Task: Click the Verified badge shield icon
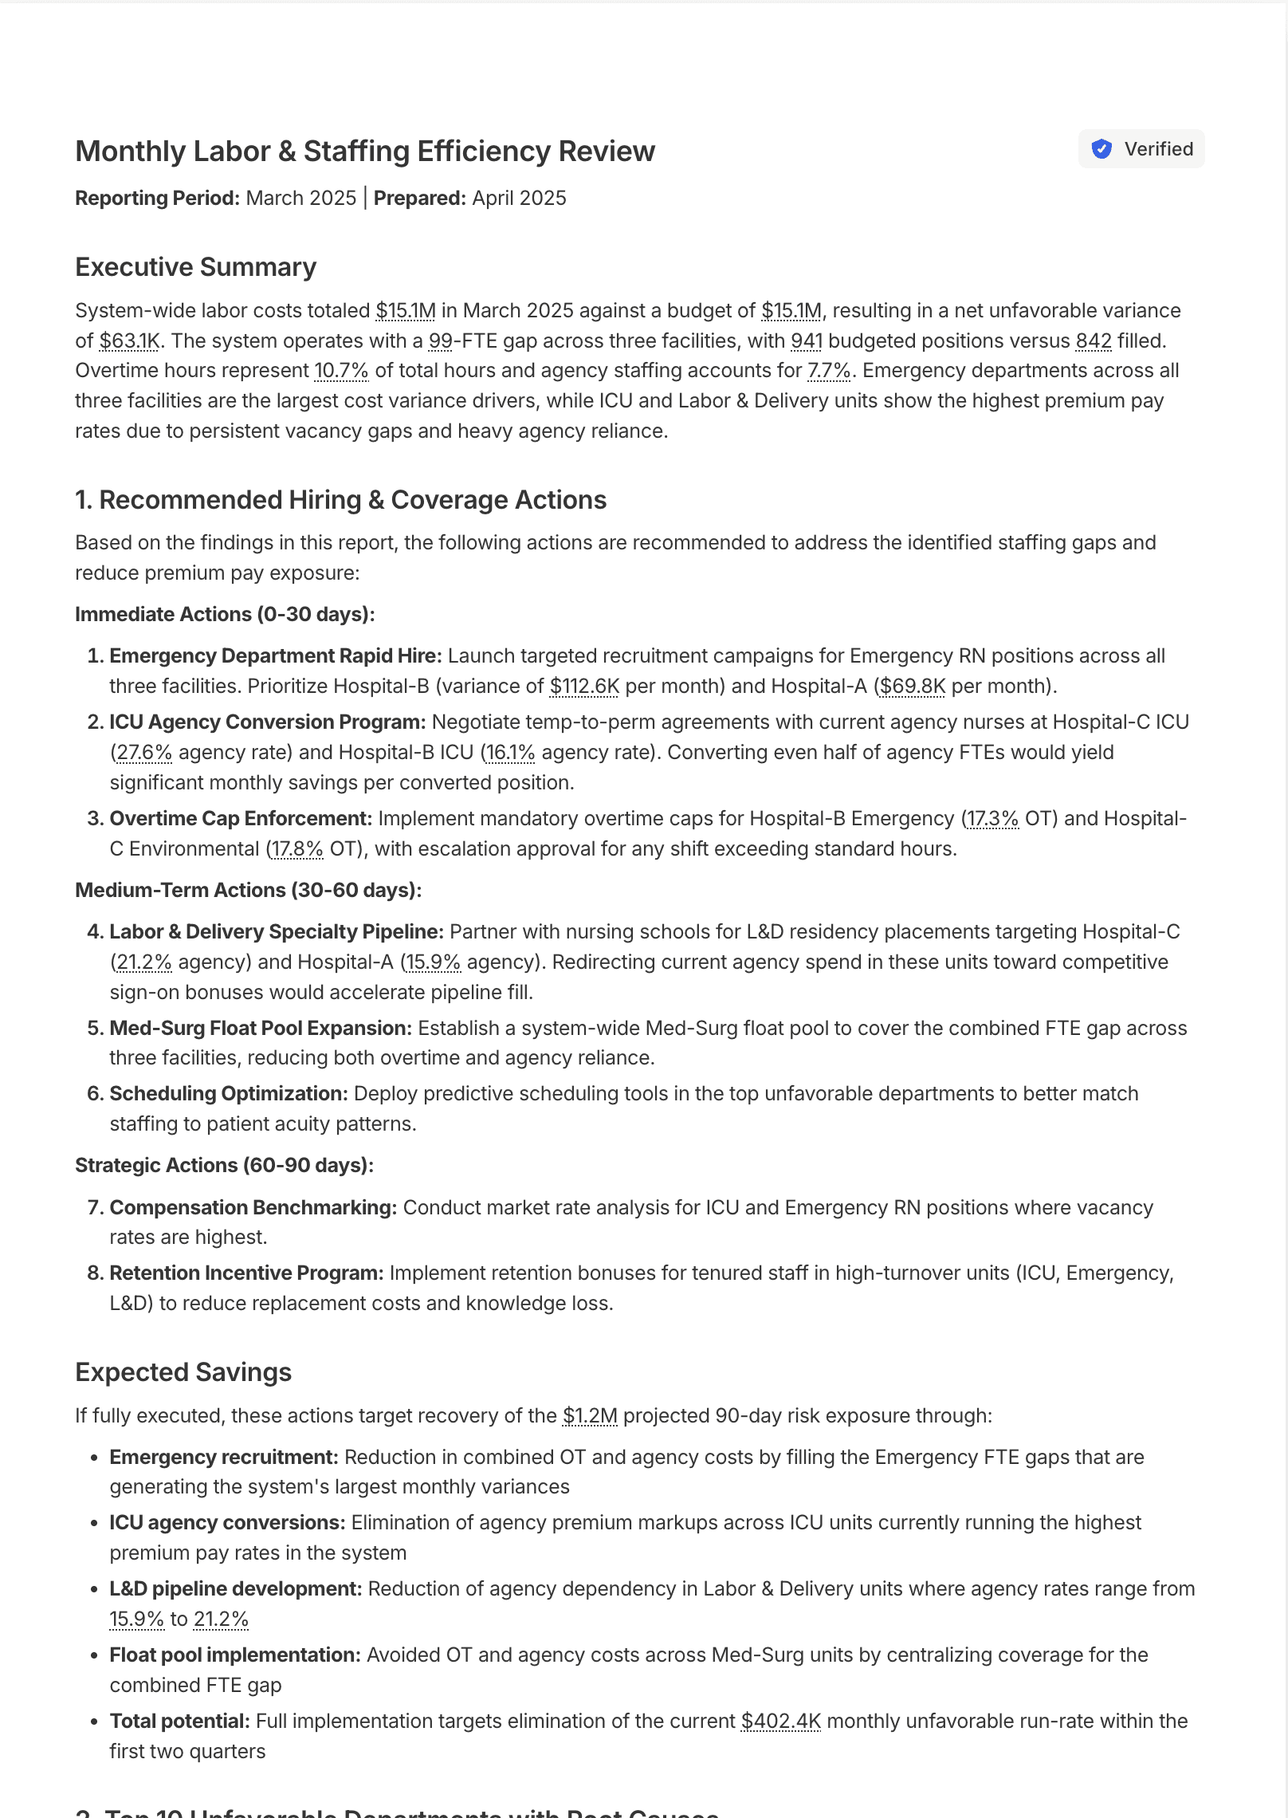point(1101,149)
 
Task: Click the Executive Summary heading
point(195,267)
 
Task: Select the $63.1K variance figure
point(129,341)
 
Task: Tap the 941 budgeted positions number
point(806,341)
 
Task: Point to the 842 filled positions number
point(1093,341)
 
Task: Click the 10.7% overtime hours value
point(341,371)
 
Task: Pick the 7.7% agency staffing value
point(829,371)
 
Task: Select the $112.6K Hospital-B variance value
point(584,687)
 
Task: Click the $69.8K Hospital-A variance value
point(913,687)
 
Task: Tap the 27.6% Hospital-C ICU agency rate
point(143,753)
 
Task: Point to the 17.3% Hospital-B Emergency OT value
point(992,819)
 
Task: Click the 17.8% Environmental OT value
point(296,849)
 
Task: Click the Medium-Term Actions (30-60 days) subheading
point(248,891)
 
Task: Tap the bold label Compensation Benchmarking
point(253,1208)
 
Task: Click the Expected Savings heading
point(183,1372)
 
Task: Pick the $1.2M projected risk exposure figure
point(590,1416)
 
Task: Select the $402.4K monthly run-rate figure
point(780,1722)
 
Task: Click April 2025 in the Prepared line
point(519,199)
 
